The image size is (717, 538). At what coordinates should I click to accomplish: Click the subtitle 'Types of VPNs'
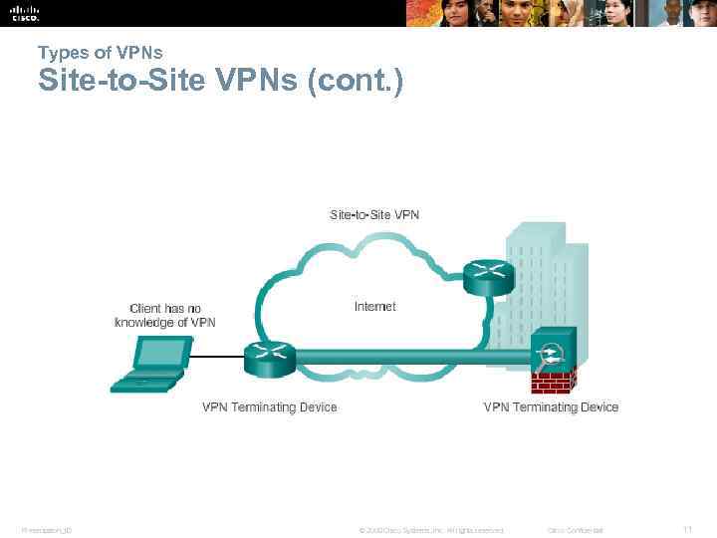click(100, 52)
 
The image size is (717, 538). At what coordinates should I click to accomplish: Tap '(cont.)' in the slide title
click(356, 81)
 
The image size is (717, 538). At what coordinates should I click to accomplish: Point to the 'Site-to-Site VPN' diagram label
click(374, 214)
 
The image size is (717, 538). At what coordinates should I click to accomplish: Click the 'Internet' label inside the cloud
click(374, 307)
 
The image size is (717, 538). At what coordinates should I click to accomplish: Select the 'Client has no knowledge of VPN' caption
click(165, 315)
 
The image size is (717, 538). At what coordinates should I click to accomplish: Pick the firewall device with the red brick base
click(552, 361)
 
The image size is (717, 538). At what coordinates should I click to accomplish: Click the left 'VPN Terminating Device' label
click(270, 406)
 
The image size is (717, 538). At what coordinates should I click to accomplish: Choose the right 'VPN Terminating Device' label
click(551, 406)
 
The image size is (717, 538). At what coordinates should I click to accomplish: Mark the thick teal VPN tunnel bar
click(408, 356)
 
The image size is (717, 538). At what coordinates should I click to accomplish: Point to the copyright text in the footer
click(430, 529)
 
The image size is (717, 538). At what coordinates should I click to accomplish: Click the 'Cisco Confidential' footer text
click(576, 529)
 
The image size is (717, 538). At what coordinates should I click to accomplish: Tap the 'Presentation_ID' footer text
click(45, 529)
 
